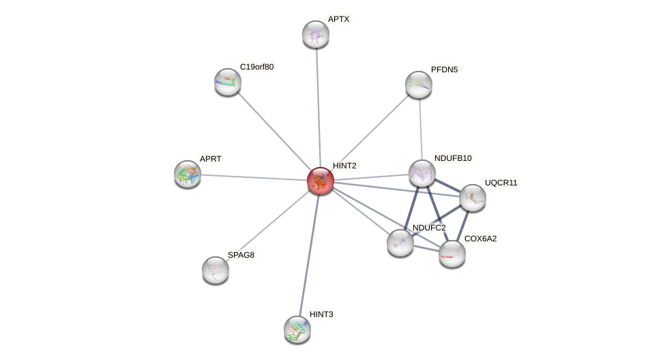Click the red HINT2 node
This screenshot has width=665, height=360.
(320, 181)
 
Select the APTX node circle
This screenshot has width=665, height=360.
(316, 34)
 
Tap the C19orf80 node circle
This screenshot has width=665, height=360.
(228, 82)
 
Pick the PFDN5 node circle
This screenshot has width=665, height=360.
(419, 85)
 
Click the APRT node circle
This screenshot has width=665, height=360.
(188, 174)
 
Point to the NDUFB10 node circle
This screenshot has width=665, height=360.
(422, 173)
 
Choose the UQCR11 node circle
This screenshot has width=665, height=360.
(472, 198)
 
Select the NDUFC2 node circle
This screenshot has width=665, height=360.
(400, 243)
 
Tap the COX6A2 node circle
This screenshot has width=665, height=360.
(452, 254)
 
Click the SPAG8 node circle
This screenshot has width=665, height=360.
(216, 270)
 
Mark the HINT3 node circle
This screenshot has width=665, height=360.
(297, 329)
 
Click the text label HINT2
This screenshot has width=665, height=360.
(344, 166)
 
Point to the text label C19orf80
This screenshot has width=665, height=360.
(256, 67)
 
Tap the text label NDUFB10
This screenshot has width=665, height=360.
(453, 158)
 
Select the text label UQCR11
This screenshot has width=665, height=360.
(501, 183)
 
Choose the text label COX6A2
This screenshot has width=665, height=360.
(480, 239)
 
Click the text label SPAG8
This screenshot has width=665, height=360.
(241, 255)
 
